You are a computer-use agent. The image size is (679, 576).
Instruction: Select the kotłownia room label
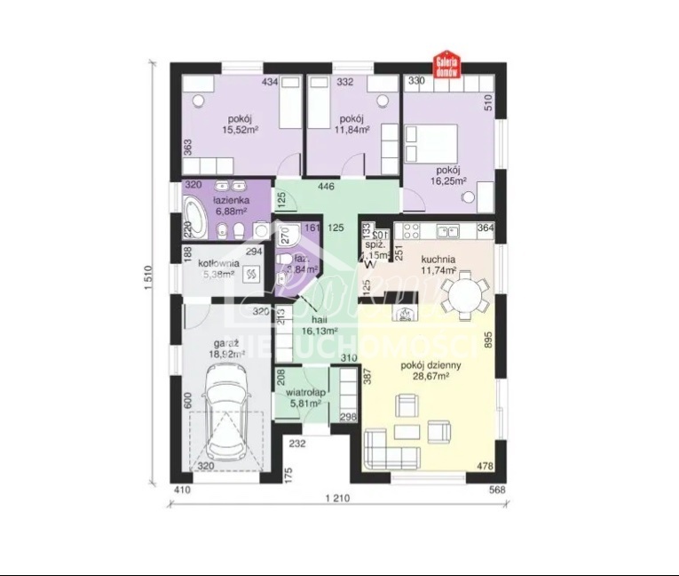216,263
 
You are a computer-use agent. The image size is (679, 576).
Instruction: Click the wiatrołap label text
303,391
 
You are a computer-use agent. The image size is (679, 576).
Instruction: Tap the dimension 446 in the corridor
327,187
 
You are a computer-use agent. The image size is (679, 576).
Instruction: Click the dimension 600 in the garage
188,401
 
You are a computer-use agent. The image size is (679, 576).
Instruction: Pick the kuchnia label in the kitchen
439,259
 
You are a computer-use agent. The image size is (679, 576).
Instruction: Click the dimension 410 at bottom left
181,489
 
